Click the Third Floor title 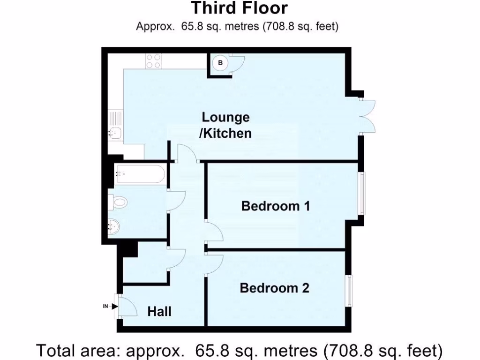239,8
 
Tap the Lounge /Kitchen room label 225,125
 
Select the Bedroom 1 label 276,206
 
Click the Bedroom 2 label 274,288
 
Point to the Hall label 159,311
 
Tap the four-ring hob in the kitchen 153,61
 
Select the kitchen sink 114,132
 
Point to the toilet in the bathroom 119,202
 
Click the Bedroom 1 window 361,193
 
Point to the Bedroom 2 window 349,291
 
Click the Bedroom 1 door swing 214,232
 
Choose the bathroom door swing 176,202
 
